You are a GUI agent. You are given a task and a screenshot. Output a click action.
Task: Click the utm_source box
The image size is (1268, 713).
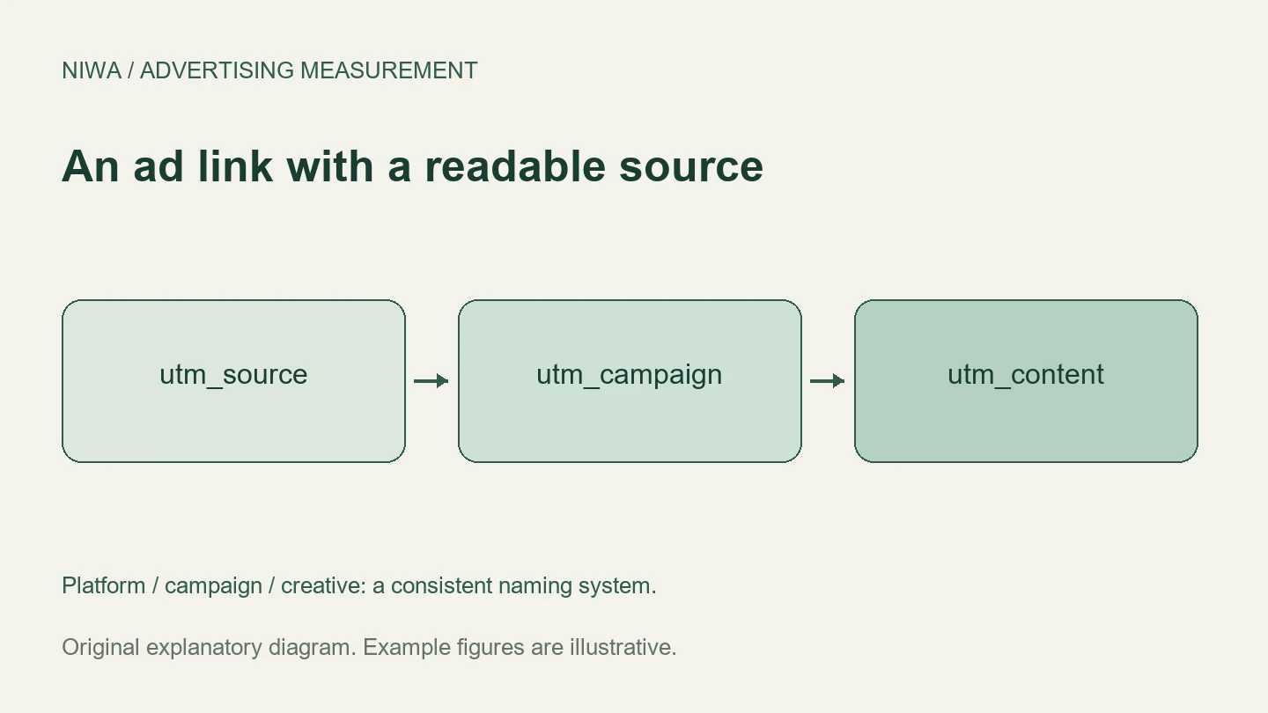coord(234,381)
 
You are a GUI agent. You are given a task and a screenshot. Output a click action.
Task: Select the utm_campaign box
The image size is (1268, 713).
coord(630,381)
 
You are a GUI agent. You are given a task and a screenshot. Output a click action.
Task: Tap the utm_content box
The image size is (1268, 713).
coord(1027,381)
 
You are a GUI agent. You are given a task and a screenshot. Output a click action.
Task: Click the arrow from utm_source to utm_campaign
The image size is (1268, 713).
coord(431,381)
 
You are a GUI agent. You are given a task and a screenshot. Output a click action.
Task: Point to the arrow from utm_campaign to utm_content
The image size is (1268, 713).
coord(828,381)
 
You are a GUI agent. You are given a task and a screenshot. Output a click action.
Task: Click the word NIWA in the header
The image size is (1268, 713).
coord(92,70)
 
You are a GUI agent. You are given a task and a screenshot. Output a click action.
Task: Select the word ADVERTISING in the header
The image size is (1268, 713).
coord(217,70)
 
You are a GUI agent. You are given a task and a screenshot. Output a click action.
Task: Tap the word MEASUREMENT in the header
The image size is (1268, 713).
coord(389,70)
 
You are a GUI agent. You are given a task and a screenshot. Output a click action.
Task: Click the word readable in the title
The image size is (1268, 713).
coord(515,166)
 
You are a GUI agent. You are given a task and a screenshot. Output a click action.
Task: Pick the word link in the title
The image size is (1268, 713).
coord(235,166)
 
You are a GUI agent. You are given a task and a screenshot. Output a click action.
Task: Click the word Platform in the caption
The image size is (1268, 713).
coord(104,585)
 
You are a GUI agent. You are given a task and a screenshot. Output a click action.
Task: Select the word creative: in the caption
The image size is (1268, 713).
coord(324,585)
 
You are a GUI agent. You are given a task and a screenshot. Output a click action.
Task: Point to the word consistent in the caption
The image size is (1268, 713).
coord(441,585)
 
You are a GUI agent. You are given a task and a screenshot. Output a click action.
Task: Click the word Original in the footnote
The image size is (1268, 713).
coord(100,647)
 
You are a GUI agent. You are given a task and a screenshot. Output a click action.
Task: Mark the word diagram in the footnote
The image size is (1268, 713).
coord(309,647)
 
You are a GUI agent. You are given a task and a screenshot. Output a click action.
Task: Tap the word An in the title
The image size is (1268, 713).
coord(91,166)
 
